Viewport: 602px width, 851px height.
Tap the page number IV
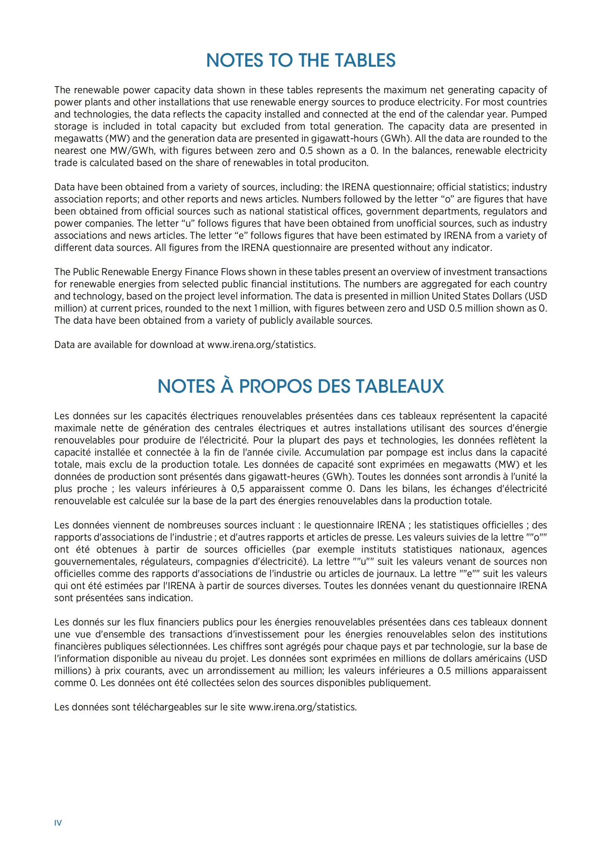[x=58, y=823]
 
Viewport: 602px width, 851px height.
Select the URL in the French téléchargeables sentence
[x=302, y=707]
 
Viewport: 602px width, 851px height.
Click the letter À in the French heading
[x=227, y=386]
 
